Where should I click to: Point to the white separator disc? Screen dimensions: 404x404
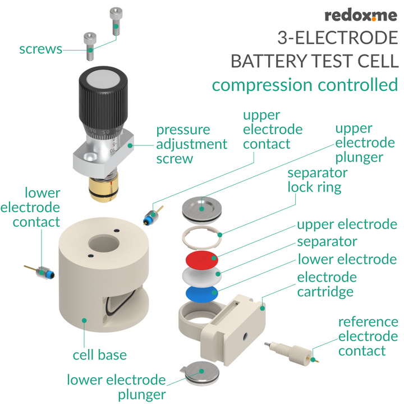click(x=200, y=277)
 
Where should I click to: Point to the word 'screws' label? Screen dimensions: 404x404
click(x=40, y=49)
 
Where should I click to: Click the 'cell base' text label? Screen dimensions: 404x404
click(x=100, y=355)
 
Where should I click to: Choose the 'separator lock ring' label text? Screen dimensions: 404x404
click(x=318, y=180)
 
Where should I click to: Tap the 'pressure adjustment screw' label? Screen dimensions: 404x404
click(x=191, y=144)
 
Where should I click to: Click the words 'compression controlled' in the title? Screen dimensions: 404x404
click(x=305, y=85)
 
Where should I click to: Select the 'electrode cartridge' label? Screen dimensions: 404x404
click(x=327, y=284)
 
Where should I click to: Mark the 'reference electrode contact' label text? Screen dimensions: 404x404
click(x=368, y=337)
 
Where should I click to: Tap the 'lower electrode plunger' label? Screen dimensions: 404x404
click(x=116, y=387)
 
